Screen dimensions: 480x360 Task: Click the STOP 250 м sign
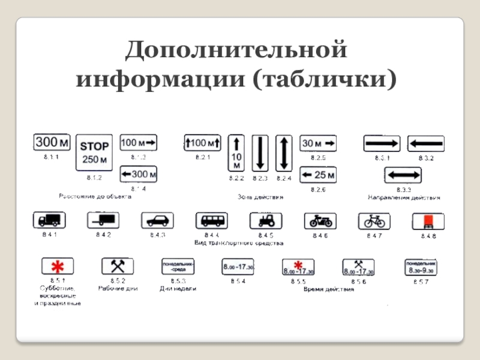point(94,152)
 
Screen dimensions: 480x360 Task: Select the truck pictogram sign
point(49,220)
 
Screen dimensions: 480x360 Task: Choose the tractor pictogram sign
point(266,221)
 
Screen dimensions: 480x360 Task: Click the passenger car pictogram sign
point(157,221)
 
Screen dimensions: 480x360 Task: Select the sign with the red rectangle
point(428,221)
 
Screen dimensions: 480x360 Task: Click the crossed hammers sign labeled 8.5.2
point(117,266)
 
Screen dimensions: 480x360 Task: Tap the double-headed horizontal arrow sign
point(403,175)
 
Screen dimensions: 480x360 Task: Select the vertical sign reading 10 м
point(236,153)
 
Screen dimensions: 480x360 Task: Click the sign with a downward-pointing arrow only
point(260,153)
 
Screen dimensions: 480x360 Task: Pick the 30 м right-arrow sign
point(318,143)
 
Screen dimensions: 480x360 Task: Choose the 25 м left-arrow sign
point(318,175)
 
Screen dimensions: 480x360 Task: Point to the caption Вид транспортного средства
point(239,243)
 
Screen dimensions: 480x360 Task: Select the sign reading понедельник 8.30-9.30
point(421,267)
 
